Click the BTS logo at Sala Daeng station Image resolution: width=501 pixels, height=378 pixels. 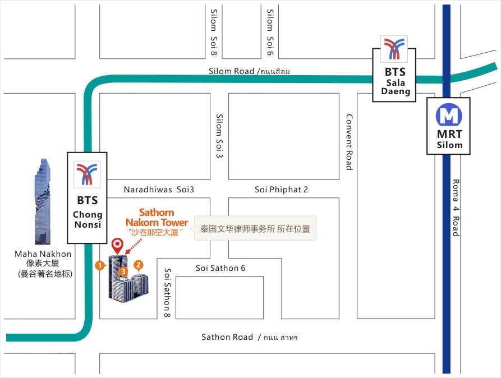[x=394, y=49]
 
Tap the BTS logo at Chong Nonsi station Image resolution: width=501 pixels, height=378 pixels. [x=86, y=174]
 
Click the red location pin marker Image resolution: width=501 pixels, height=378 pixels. [x=117, y=246]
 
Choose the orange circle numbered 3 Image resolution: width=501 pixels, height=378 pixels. [x=123, y=271]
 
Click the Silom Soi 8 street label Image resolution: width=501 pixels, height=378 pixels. [x=214, y=33]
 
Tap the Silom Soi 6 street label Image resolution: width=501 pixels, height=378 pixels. [x=270, y=33]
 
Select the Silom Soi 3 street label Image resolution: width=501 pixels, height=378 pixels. [x=219, y=136]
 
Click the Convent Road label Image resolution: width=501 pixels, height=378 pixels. [x=349, y=142]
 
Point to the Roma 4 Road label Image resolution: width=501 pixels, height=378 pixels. [x=456, y=208]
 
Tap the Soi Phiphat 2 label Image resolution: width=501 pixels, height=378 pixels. [x=281, y=190]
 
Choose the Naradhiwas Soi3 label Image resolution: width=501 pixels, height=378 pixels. [x=159, y=190]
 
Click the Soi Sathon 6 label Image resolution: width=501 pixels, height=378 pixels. [x=220, y=268]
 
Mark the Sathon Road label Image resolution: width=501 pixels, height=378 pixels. [x=227, y=337]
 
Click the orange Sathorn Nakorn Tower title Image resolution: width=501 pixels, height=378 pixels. [x=157, y=218]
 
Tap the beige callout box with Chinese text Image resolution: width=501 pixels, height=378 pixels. [x=255, y=228]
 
